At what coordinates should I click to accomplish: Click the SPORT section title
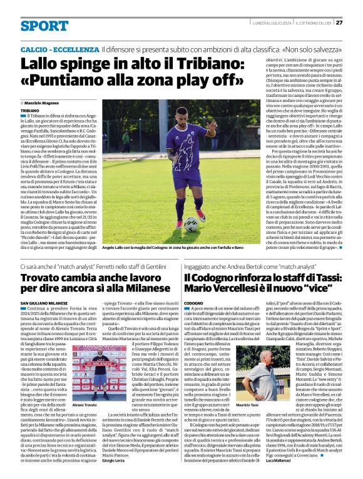pos(44,26)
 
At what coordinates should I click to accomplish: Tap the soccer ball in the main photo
pos(192,224)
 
